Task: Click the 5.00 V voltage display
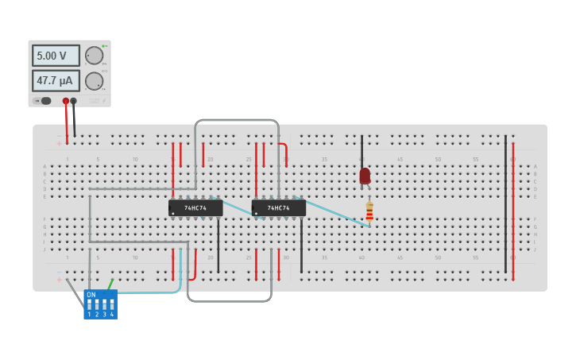[56, 56]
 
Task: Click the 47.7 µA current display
[56, 80]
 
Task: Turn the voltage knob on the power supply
[94, 56]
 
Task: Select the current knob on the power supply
[94, 81]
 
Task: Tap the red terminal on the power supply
[66, 101]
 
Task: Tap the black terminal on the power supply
[74, 101]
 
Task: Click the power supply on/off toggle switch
[44, 101]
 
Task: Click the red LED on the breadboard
[365, 176]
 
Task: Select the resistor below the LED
[369, 211]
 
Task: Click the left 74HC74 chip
[195, 208]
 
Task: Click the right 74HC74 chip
[278, 208]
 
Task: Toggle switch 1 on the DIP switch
[89, 305]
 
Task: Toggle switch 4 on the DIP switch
[112, 305]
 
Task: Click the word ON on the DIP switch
[91, 295]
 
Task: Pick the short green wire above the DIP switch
[110, 284]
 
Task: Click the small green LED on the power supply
[104, 46]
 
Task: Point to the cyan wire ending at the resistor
[334, 212]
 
